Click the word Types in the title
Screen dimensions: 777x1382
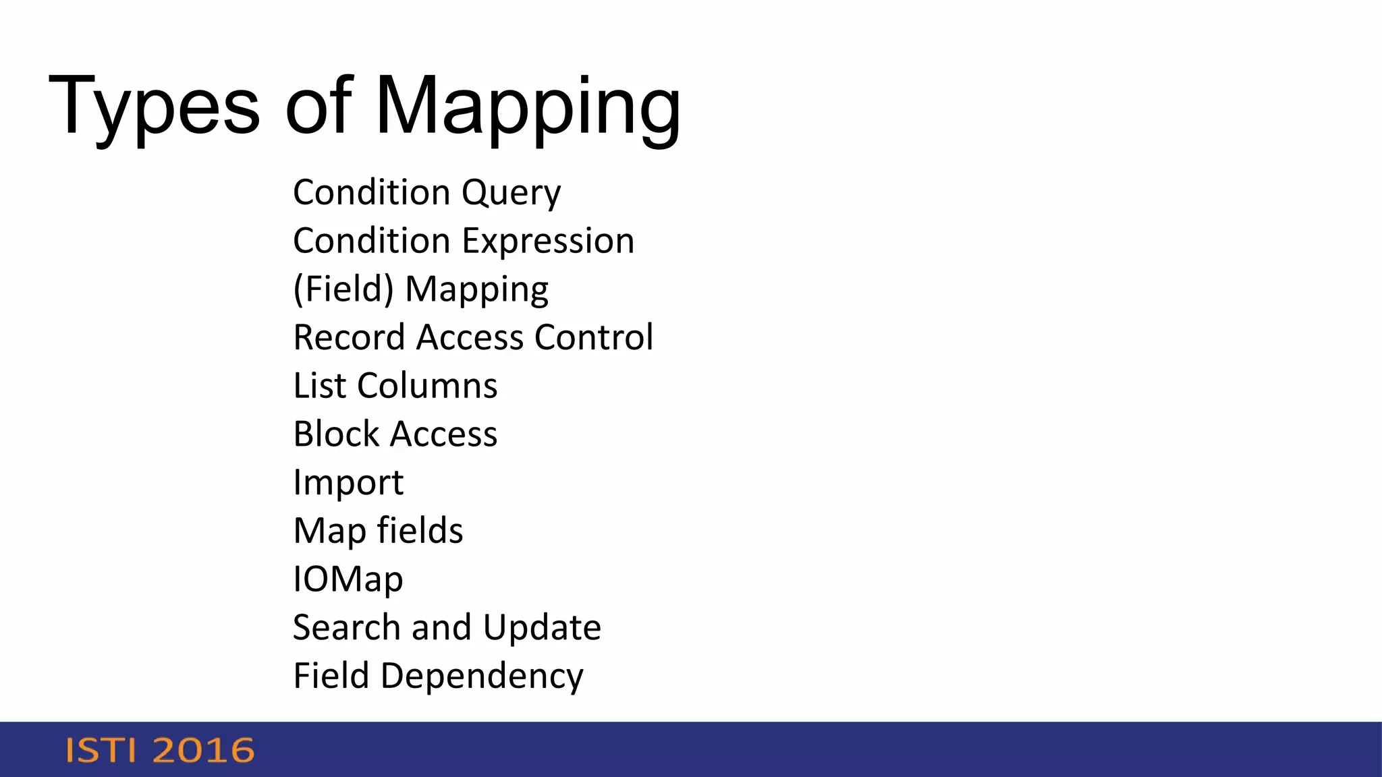pyautogui.click(x=154, y=107)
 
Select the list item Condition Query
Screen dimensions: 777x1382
pyautogui.click(x=426, y=193)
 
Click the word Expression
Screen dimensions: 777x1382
pyautogui.click(x=548, y=241)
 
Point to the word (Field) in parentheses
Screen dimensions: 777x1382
pyautogui.click(x=343, y=289)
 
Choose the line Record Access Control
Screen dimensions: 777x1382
pyautogui.click(x=473, y=337)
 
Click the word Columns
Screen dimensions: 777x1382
pyautogui.click(x=427, y=386)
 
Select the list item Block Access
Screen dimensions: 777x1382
pyautogui.click(x=395, y=434)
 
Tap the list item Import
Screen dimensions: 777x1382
pyautogui.click(x=348, y=483)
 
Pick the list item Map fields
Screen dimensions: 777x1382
pyautogui.click(x=378, y=531)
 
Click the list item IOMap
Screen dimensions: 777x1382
pyautogui.click(x=348, y=579)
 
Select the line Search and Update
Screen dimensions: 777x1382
pyautogui.click(x=447, y=627)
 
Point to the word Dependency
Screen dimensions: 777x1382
pyautogui.click(x=482, y=677)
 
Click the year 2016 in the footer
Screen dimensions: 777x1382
pyautogui.click(x=204, y=751)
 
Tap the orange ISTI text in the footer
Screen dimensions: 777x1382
pyautogui.click(x=101, y=751)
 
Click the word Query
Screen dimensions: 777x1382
pyautogui.click(x=511, y=193)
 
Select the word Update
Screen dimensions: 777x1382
pyautogui.click(x=542, y=627)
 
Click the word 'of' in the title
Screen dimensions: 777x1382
pyautogui.click(x=319, y=107)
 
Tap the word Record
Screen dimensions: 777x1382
pyautogui.click(x=351, y=337)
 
